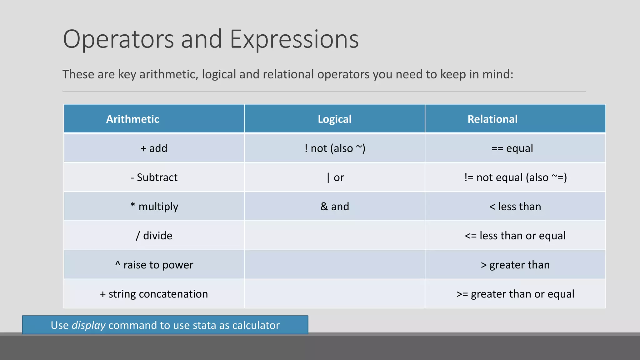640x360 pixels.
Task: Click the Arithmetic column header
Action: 132,119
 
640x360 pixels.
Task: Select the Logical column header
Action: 334,119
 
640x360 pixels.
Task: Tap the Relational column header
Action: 492,119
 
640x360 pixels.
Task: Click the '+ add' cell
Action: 154,148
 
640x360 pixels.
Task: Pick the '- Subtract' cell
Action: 154,177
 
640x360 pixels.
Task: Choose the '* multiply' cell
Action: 154,207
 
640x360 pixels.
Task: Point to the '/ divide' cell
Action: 154,236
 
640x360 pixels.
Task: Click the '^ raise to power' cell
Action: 154,265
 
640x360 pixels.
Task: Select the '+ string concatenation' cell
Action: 154,294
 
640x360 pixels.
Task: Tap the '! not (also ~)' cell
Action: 335,148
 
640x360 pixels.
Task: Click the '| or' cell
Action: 335,177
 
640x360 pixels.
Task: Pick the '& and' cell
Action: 334,207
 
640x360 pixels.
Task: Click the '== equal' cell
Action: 512,148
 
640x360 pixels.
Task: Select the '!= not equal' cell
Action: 515,177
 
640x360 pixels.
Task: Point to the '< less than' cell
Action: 515,207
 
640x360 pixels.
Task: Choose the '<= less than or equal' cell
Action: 515,236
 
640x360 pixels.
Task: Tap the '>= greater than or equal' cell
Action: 515,294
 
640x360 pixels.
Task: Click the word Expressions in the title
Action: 294,39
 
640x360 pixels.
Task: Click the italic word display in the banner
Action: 88,325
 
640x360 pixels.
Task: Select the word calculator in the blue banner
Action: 256,325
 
